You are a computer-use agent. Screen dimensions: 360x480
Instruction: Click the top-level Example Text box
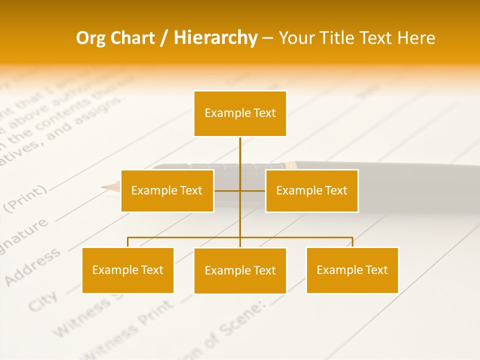[x=240, y=113]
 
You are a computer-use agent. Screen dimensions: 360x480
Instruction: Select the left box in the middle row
[x=167, y=190]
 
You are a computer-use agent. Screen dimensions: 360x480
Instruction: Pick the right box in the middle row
[x=311, y=190]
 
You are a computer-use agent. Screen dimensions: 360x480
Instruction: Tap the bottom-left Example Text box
[x=127, y=270]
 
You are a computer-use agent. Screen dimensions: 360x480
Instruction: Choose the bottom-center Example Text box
[x=240, y=270]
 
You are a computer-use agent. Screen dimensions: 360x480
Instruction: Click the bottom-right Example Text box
[x=352, y=270]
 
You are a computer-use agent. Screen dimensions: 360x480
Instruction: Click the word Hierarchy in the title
[x=215, y=37]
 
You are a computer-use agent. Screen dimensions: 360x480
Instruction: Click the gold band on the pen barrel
[x=290, y=164]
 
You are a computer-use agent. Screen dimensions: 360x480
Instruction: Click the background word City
[x=42, y=300]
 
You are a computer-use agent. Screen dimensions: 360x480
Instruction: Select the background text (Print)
[x=27, y=197]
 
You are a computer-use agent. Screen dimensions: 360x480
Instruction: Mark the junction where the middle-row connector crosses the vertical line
[x=240, y=190]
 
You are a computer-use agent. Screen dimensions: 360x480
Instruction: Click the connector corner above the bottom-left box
[x=128, y=237]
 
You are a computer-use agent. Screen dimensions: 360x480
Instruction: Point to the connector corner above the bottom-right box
[x=352, y=237]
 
